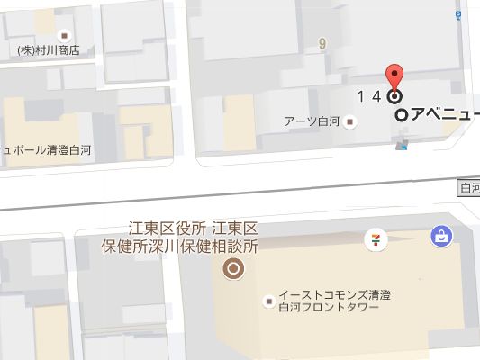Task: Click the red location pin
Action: (x=394, y=78)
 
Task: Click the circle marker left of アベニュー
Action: (x=402, y=115)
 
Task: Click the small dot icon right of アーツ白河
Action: (x=352, y=123)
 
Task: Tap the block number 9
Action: (x=321, y=42)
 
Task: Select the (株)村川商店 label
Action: (x=49, y=50)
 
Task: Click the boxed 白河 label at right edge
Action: (x=469, y=187)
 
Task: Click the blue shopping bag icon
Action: (x=441, y=236)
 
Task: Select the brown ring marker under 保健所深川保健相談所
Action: (x=234, y=268)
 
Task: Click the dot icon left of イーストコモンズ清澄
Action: (x=267, y=301)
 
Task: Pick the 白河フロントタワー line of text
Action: (x=330, y=309)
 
